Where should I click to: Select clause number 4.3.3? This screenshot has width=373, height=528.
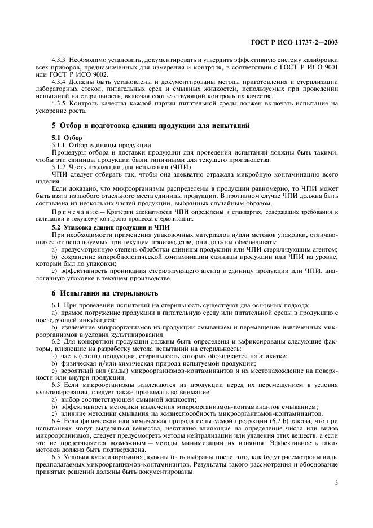point(59,60)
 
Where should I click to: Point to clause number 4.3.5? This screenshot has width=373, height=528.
point(59,103)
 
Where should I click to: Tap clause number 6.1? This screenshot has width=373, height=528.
point(56,306)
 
